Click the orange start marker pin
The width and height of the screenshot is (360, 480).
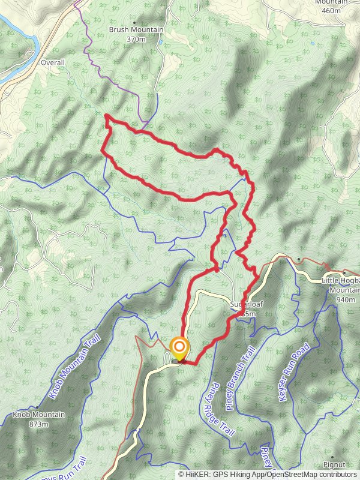click(179, 347)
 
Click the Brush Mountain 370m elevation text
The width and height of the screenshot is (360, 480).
click(136, 39)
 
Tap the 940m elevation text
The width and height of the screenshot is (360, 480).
click(346, 299)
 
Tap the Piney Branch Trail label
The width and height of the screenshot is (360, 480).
click(237, 378)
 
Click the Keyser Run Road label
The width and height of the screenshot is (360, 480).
click(293, 372)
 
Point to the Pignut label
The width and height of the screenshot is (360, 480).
click(334, 464)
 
